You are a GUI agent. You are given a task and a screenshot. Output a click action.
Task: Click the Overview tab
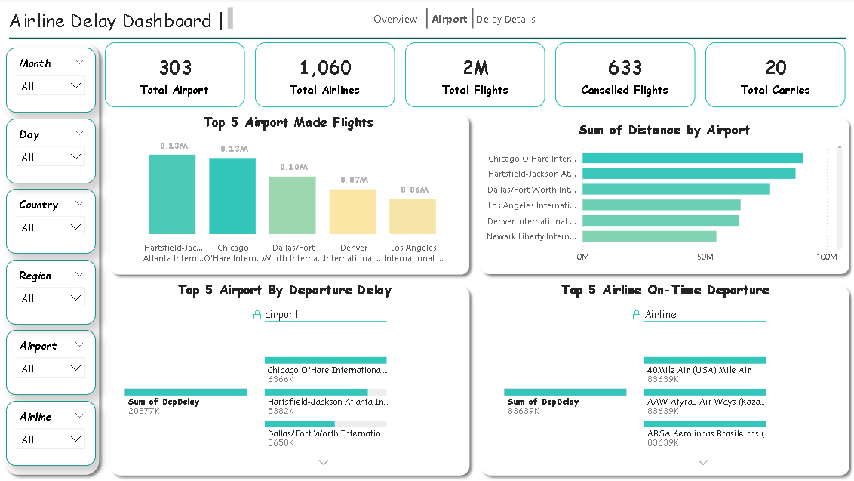pos(395,20)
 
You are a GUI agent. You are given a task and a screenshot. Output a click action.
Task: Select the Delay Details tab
pos(505,20)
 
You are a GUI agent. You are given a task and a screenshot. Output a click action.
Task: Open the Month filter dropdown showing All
pos(51,86)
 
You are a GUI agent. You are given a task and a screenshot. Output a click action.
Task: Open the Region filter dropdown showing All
pos(51,298)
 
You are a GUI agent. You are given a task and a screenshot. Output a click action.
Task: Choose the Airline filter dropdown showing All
pos(51,439)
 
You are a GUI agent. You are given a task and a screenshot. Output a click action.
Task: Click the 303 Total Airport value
pos(175,68)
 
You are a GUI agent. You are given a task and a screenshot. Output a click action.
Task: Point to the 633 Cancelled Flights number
pos(625,68)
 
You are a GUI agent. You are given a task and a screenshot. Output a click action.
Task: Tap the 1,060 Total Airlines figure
pos(325,68)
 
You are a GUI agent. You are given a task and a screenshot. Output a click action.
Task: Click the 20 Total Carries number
pos(776,68)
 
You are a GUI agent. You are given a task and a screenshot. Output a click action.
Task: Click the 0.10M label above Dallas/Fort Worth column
pos(293,167)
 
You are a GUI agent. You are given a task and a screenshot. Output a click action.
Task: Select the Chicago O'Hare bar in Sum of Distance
pos(693,158)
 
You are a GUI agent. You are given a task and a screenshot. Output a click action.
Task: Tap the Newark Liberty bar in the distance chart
pos(650,236)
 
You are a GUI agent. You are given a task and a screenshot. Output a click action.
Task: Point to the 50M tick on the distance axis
pos(705,257)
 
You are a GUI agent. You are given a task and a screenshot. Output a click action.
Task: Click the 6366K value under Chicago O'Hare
pos(279,379)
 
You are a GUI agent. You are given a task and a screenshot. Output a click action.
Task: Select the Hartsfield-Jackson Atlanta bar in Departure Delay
pos(316,392)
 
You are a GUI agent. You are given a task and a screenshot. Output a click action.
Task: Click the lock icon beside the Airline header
pos(637,315)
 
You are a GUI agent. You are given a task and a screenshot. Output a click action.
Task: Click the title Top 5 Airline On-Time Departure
pos(665,290)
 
